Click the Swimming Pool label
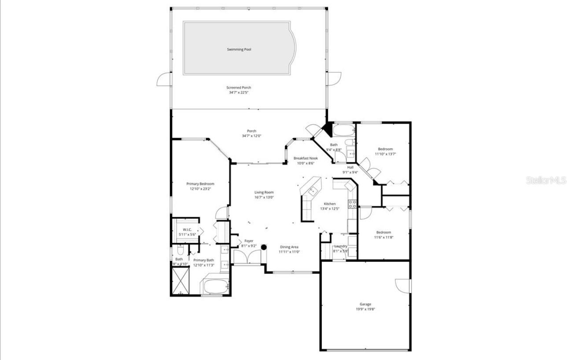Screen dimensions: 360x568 [x=239, y=50]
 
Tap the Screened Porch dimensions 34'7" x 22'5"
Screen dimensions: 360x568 [x=239, y=92]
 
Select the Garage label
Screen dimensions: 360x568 [x=365, y=304]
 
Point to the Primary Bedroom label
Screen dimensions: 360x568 [x=200, y=184]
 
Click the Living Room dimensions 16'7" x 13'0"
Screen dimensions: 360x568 [x=264, y=197]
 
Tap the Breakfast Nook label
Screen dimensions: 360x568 [x=306, y=158]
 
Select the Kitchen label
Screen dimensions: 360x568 [x=330, y=204]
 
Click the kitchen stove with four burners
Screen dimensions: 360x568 [x=352, y=204]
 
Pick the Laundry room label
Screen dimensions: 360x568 [x=341, y=246]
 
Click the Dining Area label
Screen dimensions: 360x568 [x=289, y=247]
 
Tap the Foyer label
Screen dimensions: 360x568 [x=249, y=241]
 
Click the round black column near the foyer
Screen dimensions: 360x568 [x=264, y=247]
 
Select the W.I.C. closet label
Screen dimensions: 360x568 [x=187, y=230]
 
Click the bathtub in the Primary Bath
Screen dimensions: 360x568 [x=216, y=286]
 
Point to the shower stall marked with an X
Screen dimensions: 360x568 [x=181, y=281]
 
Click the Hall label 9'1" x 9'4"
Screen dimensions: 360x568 [x=350, y=167]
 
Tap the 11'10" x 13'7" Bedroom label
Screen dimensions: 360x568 [x=385, y=149]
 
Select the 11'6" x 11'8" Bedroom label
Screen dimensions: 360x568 [x=383, y=232]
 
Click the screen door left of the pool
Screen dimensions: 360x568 [x=164, y=79]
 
